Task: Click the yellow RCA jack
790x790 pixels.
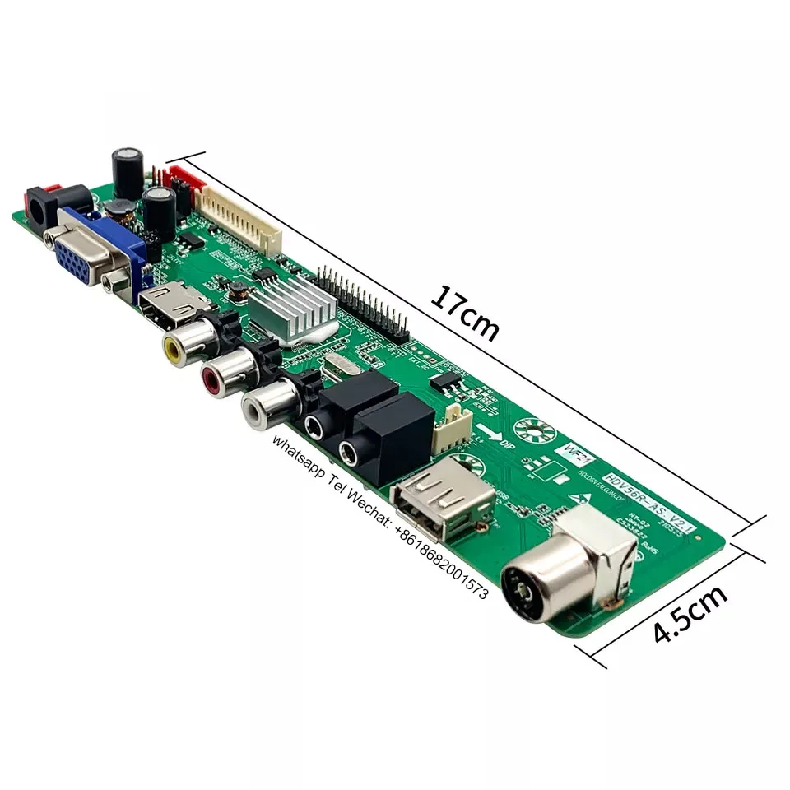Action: pos(176,347)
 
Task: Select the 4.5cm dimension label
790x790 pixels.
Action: pos(690,614)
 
